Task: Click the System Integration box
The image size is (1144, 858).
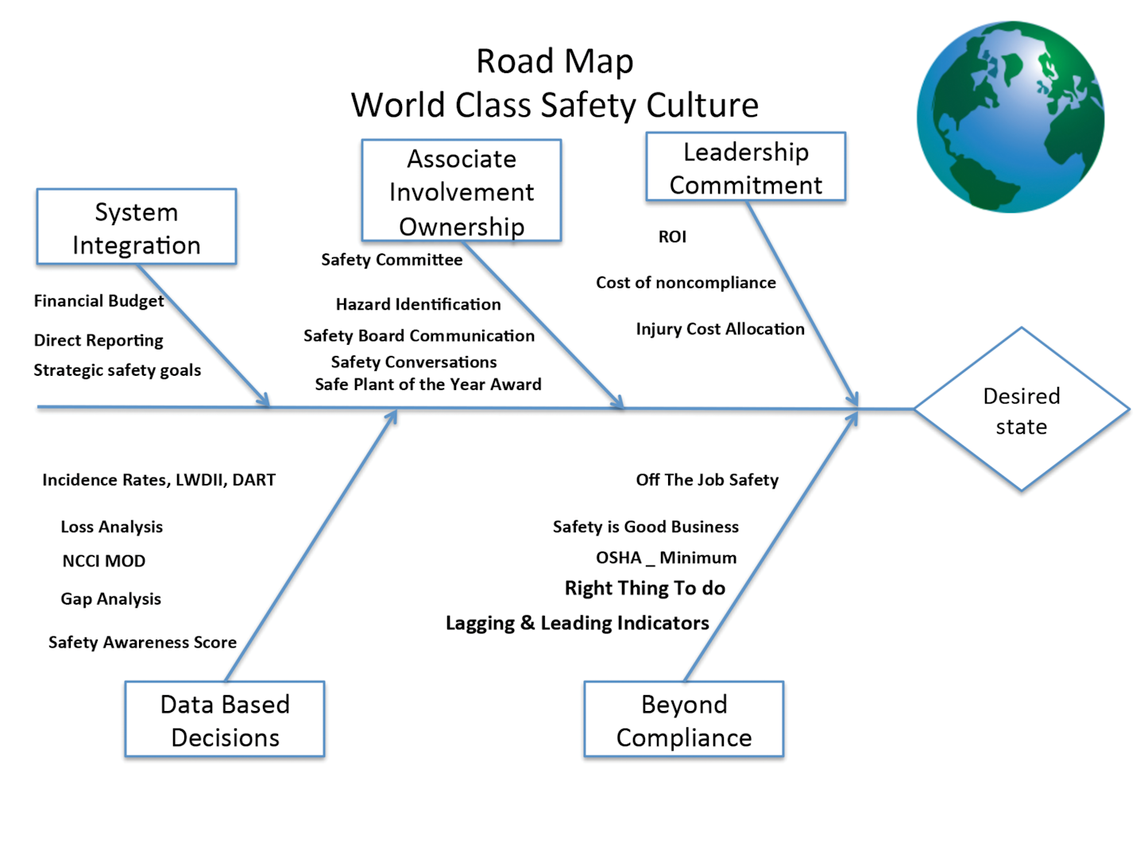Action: coord(136,227)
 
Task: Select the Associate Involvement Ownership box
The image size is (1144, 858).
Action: coord(462,191)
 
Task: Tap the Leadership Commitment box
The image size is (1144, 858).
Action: coord(745,168)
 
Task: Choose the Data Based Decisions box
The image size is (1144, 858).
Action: coord(225,720)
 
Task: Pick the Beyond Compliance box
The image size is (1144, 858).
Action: coord(684,720)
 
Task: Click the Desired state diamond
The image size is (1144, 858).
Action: coord(1022,410)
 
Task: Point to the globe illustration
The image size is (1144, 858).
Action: coord(1011,117)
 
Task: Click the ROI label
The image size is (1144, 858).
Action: coord(672,237)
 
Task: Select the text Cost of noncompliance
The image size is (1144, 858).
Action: coord(686,283)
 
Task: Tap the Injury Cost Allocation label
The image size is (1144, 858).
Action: coord(720,329)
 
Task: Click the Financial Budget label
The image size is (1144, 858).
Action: coord(99,301)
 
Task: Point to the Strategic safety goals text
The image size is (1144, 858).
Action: coord(118,370)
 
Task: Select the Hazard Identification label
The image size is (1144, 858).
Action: coord(418,304)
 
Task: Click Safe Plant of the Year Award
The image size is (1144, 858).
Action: coord(428,385)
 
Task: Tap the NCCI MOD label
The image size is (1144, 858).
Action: coord(104,561)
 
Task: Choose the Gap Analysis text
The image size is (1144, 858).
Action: coord(111,599)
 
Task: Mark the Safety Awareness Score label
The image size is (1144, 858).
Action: coord(142,642)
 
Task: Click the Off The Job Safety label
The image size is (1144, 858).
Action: coord(707,480)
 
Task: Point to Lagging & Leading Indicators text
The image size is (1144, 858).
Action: coord(577,623)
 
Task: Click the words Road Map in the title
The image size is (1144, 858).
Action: coord(555,61)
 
